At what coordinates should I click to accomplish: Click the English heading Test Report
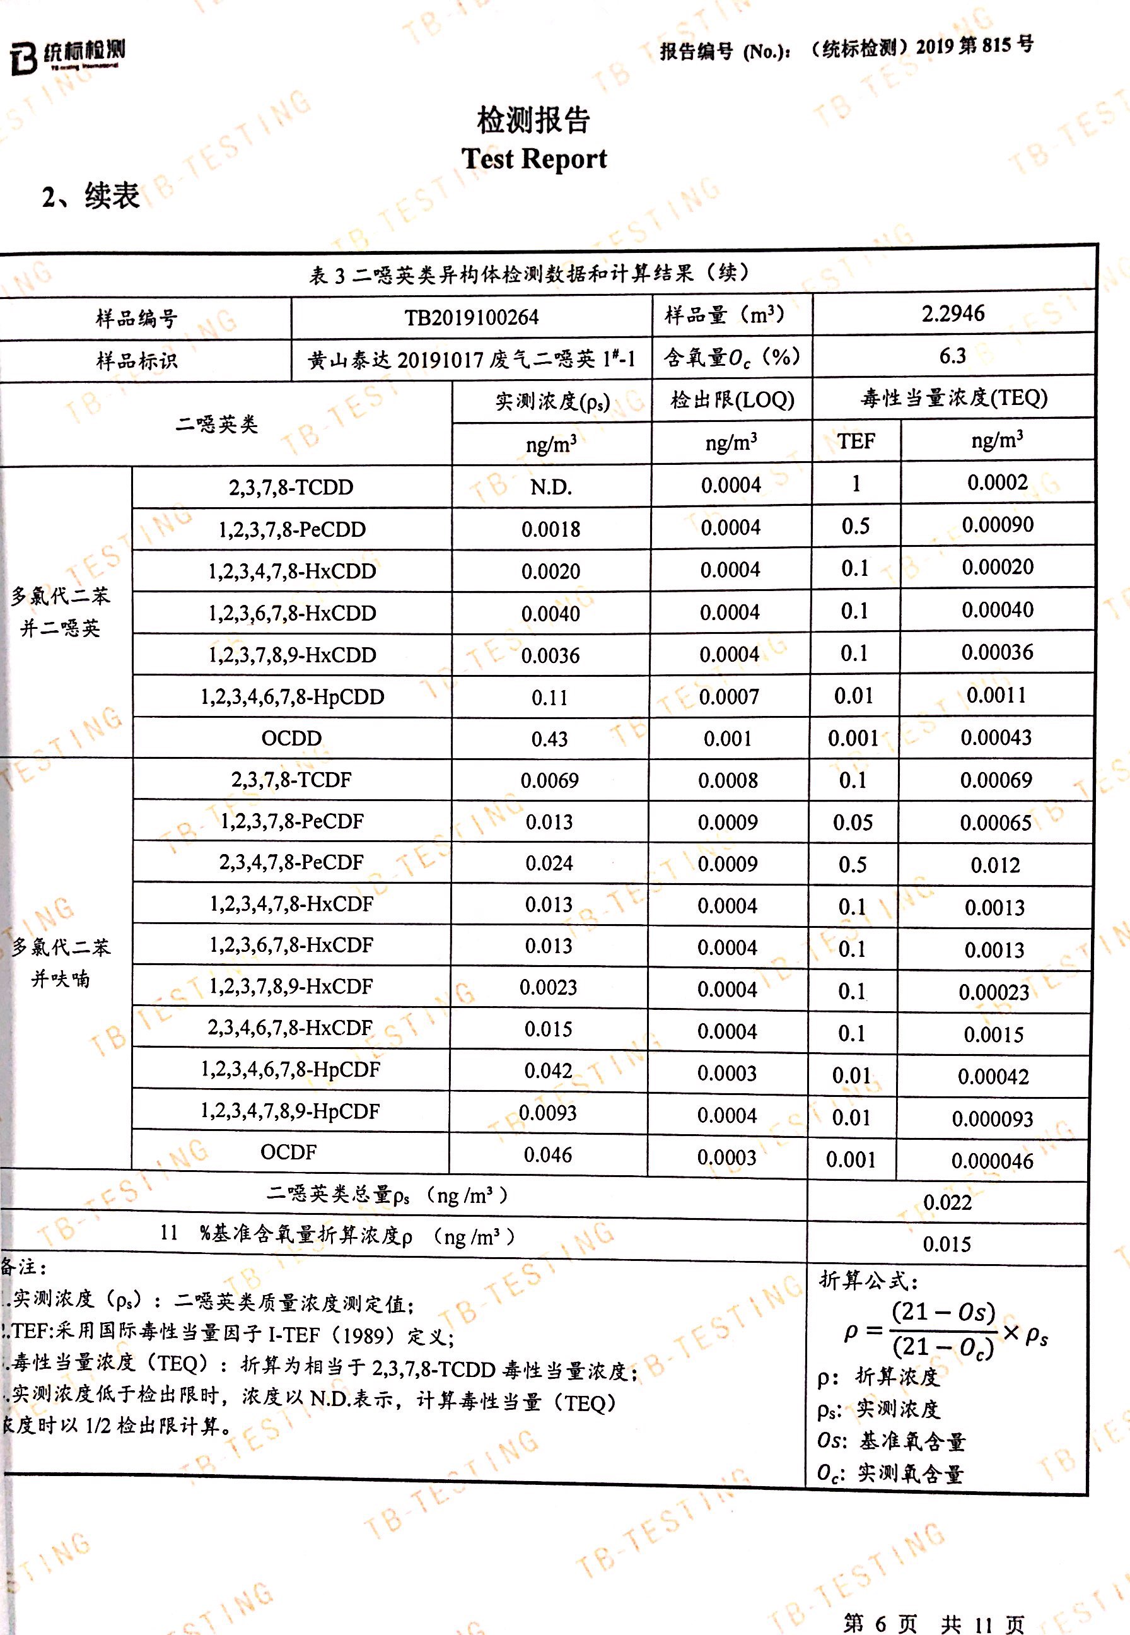(534, 158)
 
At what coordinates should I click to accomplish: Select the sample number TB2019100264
(472, 317)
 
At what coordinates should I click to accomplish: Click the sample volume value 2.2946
(952, 313)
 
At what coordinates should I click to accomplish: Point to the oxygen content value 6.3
(952, 356)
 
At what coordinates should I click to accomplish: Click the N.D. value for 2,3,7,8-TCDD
(551, 486)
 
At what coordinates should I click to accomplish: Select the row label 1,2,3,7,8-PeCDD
(292, 529)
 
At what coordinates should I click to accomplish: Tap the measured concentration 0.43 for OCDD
(549, 739)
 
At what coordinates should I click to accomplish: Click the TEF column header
(856, 441)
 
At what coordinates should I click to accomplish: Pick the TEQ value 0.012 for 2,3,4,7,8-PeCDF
(995, 865)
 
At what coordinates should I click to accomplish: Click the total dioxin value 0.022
(947, 1202)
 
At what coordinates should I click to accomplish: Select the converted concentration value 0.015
(947, 1243)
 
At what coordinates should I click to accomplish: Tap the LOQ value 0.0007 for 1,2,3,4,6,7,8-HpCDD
(728, 697)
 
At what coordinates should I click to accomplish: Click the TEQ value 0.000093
(992, 1119)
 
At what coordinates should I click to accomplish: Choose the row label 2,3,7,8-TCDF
(291, 780)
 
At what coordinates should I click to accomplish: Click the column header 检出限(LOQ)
(732, 400)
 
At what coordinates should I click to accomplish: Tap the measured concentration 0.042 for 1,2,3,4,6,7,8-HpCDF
(548, 1070)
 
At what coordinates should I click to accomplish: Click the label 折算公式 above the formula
(868, 1279)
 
